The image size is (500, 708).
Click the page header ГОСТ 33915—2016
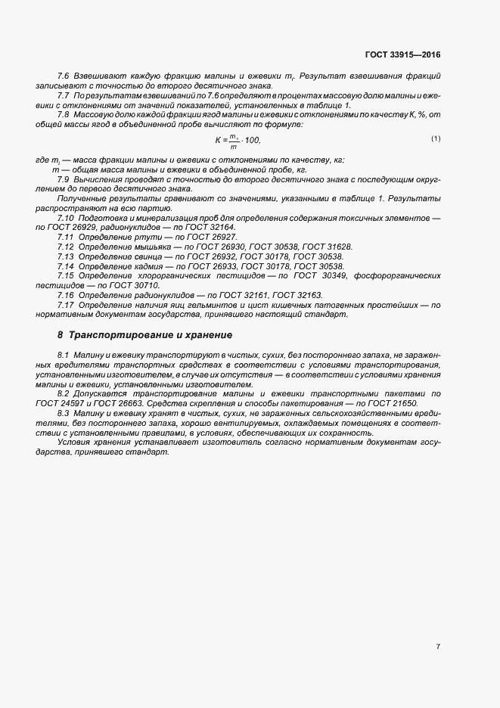pyautogui.click(x=402, y=54)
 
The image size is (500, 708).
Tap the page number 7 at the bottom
pyautogui.click(x=438, y=647)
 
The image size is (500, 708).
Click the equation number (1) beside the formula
pyautogui.click(x=436, y=138)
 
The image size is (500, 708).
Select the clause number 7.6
pyautogui.click(x=64, y=77)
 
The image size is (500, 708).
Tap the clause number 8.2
pyautogui.click(x=64, y=394)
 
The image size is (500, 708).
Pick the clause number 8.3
pyautogui.click(x=64, y=415)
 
